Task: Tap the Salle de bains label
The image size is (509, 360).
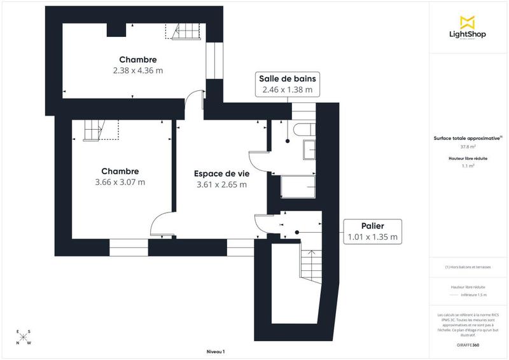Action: pyautogui.click(x=287, y=78)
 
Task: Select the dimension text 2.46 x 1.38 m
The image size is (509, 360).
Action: pyautogui.click(x=287, y=90)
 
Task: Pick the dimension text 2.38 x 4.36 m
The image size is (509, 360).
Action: pyautogui.click(x=134, y=70)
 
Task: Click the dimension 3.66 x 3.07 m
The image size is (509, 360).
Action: pyautogui.click(x=120, y=182)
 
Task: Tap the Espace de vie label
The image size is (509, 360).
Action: pyautogui.click(x=221, y=172)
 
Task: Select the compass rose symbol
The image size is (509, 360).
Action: pyautogui.click(x=23, y=337)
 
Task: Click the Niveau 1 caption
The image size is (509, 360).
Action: pyautogui.click(x=216, y=352)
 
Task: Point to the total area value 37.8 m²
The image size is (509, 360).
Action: pyautogui.click(x=468, y=146)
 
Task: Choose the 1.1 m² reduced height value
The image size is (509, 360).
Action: pyautogui.click(x=468, y=166)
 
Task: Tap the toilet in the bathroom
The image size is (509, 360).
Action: pyautogui.click(x=303, y=129)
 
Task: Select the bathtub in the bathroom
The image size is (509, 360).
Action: pyautogui.click(x=298, y=186)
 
